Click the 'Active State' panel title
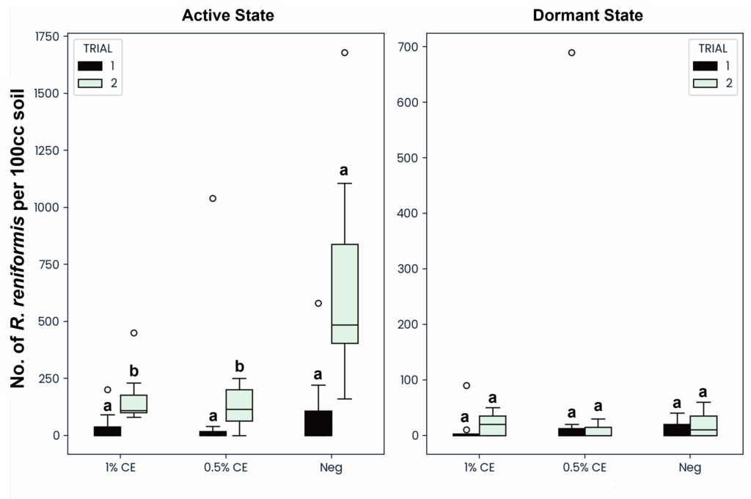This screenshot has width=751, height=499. point(228,15)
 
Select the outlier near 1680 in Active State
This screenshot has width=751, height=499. point(344,53)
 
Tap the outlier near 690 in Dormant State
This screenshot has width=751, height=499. point(571,53)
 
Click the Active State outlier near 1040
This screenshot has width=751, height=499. point(213,198)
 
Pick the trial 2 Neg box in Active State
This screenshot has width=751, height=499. point(345,294)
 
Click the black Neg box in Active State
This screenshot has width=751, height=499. point(318,423)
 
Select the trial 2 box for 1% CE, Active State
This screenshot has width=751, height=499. point(133,404)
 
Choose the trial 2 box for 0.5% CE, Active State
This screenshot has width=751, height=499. point(239,406)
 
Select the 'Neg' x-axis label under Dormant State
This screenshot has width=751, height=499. point(690,467)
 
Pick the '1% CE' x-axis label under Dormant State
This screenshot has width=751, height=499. point(479,467)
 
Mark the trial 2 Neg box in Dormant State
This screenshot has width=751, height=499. point(703,426)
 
